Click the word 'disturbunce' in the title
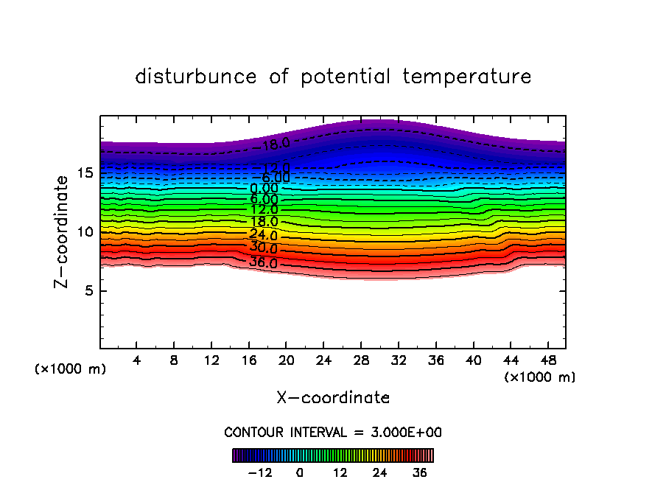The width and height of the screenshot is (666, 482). tap(196, 77)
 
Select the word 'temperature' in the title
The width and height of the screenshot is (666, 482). tap(467, 77)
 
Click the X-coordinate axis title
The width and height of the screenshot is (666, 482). tap(333, 398)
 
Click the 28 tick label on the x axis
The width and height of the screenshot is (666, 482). tap(360, 361)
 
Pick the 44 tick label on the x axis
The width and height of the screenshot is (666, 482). tap(510, 361)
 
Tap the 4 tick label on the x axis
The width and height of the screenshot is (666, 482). tap(137, 361)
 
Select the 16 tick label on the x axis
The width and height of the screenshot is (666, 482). tap(248, 361)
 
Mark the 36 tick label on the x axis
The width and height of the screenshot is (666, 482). tap(435, 361)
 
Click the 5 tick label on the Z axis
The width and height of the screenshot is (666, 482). tap(86, 291)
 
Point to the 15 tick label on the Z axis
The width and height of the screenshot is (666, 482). tap(83, 173)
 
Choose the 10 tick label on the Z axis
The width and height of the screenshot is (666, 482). tap(83, 232)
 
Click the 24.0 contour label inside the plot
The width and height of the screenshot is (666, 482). tap(264, 236)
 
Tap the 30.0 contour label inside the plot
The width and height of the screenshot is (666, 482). tap(264, 248)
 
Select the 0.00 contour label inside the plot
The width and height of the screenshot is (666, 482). tap(264, 189)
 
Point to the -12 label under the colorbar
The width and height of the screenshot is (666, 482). tap(259, 472)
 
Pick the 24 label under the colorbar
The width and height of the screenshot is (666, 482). tap(380, 472)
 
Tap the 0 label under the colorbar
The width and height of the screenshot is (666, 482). tap(300, 472)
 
